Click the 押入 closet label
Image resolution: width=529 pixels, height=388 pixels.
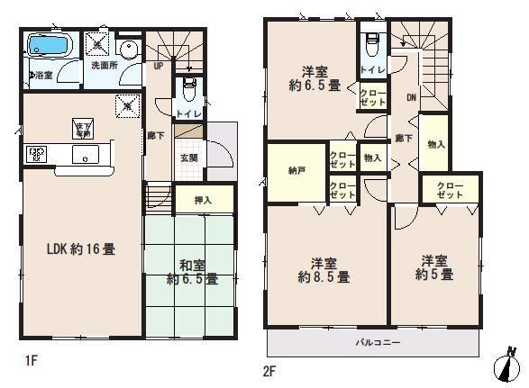[x=203, y=200]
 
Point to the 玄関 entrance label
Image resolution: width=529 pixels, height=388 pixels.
[x=189, y=158]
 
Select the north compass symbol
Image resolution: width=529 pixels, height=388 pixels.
[x=509, y=365]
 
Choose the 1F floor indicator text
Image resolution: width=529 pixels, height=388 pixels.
[x=32, y=361]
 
